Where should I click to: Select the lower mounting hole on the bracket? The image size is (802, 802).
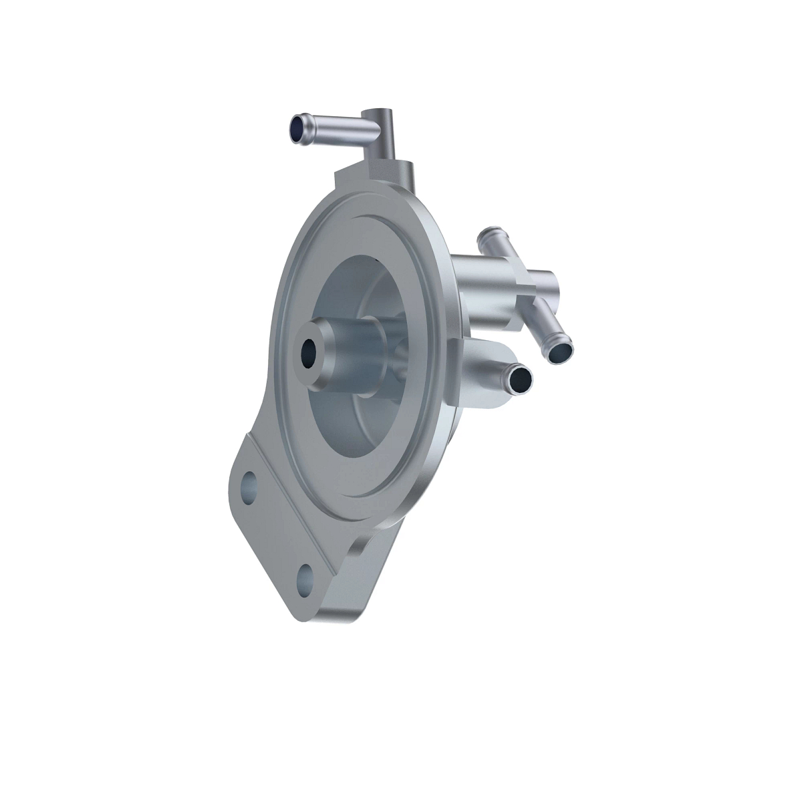click(x=305, y=573)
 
